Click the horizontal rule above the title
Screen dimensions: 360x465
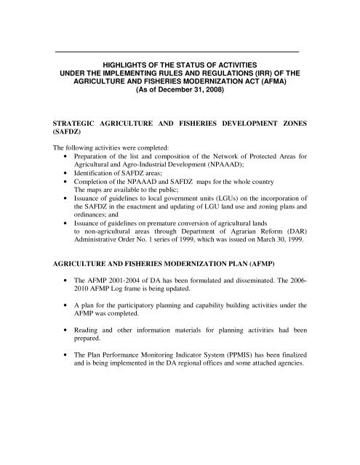177,52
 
